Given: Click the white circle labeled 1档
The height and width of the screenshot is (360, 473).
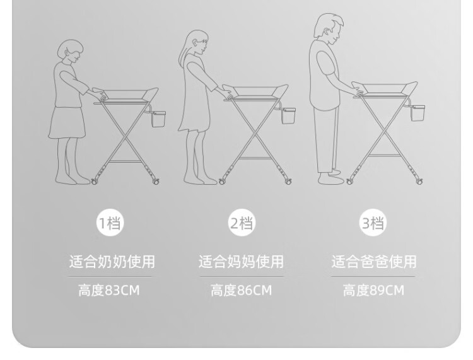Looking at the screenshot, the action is pyautogui.click(x=110, y=223).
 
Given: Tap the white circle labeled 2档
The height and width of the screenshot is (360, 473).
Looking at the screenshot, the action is pyautogui.click(x=242, y=223).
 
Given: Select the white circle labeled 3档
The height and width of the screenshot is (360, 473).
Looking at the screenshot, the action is pyautogui.click(x=373, y=223).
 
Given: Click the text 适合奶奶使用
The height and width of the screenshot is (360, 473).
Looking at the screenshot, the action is pyautogui.click(x=112, y=262).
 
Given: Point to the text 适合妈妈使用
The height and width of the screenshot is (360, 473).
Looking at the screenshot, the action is pyautogui.click(x=242, y=262).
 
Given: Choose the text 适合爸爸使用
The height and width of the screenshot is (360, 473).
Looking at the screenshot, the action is pyautogui.click(x=374, y=262).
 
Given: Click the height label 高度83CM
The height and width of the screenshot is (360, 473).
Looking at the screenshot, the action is pyautogui.click(x=109, y=291).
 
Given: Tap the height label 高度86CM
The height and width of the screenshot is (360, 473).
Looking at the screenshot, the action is pyautogui.click(x=242, y=291).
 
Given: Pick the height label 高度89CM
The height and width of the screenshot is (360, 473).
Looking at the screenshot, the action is pyautogui.click(x=373, y=291).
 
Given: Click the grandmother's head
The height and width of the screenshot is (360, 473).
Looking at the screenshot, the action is pyautogui.click(x=70, y=51).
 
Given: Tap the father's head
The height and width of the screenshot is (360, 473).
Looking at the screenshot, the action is pyautogui.click(x=329, y=28).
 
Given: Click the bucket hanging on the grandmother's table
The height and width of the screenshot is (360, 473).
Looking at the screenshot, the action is pyautogui.click(x=158, y=119).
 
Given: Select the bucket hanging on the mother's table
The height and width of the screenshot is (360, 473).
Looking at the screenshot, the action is pyautogui.click(x=289, y=115).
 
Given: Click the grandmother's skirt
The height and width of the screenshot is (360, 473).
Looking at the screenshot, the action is pyautogui.click(x=67, y=123).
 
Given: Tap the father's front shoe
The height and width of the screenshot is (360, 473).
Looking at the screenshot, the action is pyautogui.click(x=330, y=179).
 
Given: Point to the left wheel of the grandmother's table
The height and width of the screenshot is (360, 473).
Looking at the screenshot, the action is pyautogui.click(x=95, y=181).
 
